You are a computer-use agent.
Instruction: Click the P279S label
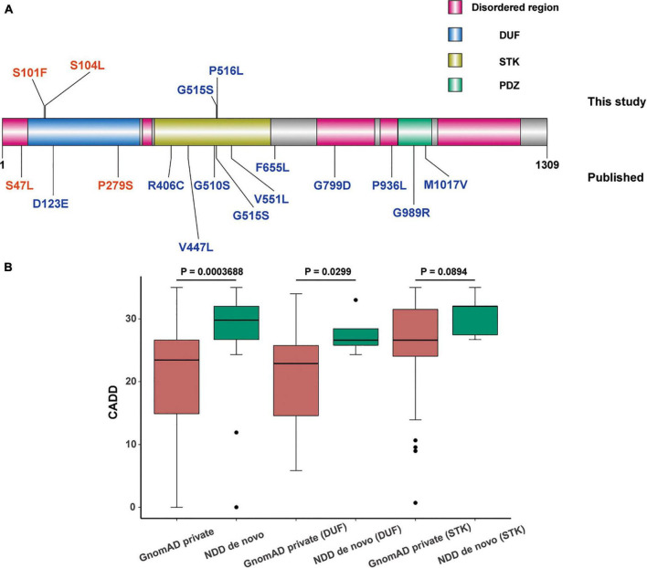point(116,184)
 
